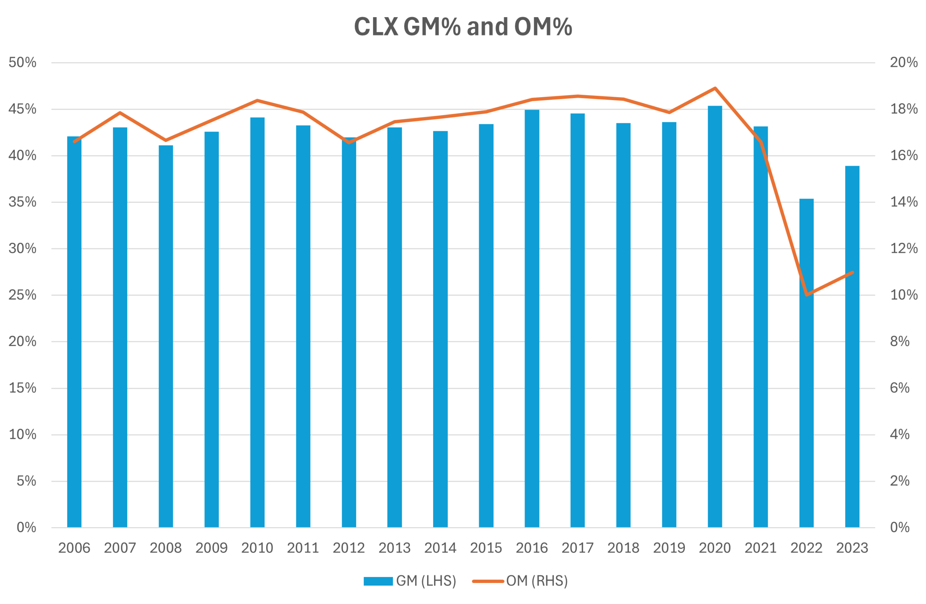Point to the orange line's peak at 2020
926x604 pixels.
715,88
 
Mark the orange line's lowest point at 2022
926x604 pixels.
807,295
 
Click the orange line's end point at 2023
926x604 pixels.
852,272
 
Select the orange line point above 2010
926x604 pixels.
257,100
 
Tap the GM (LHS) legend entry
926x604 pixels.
410,581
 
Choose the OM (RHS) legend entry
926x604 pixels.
520,581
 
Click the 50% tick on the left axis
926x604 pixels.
23,62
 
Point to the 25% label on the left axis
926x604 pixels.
23,295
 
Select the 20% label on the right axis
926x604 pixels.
903,62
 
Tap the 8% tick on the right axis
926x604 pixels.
899,341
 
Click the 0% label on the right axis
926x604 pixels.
899,527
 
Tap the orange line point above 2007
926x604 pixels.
120,113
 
